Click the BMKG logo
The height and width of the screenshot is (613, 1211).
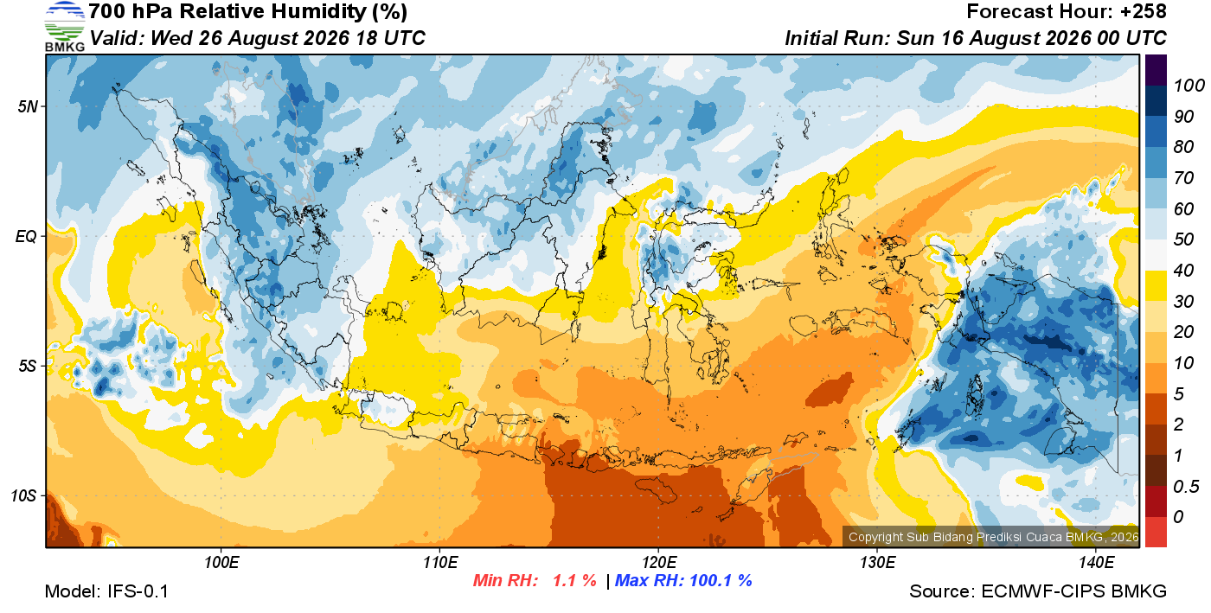[64, 27]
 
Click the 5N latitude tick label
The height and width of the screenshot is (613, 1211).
[28, 106]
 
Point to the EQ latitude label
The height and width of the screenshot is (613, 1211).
[27, 236]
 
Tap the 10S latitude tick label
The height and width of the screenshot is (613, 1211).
[24, 495]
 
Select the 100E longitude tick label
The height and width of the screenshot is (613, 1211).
[221, 563]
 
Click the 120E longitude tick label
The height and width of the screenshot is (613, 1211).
[659, 563]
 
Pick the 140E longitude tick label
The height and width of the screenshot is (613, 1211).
[1096, 563]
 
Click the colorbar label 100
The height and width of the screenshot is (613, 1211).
[1189, 86]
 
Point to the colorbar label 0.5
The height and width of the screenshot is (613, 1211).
[1186, 487]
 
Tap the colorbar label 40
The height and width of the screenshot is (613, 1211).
[1183, 271]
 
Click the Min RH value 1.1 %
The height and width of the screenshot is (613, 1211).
[574, 580]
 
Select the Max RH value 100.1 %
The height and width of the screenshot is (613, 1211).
[721, 580]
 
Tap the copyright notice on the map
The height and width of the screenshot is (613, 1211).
[993, 537]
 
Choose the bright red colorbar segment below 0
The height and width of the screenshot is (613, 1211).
[1156, 533]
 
